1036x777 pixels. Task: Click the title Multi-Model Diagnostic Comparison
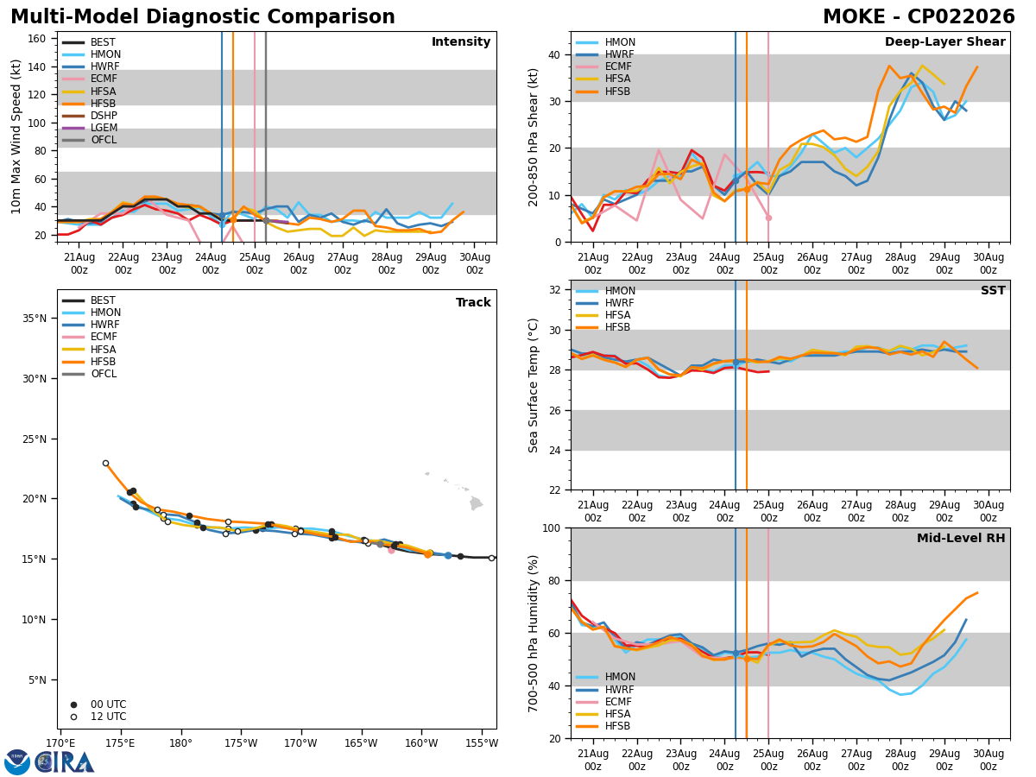click(x=203, y=16)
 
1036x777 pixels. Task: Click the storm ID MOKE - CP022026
click(x=919, y=16)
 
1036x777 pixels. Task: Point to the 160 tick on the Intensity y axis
click(x=37, y=39)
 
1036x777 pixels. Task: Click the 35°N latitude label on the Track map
click(x=35, y=319)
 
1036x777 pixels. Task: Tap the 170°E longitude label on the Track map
click(x=61, y=743)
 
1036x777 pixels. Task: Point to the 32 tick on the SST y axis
click(x=555, y=290)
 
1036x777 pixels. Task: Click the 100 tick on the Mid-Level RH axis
click(x=552, y=528)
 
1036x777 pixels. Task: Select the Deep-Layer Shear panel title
click(x=944, y=41)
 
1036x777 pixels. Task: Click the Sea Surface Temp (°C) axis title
click(x=533, y=385)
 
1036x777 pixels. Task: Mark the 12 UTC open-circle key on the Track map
click(x=73, y=717)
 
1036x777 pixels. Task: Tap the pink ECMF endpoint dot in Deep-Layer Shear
click(x=768, y=218)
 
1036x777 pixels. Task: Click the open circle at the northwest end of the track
click(x=105, y=464)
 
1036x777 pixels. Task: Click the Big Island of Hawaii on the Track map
click(x=477, y=503)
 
